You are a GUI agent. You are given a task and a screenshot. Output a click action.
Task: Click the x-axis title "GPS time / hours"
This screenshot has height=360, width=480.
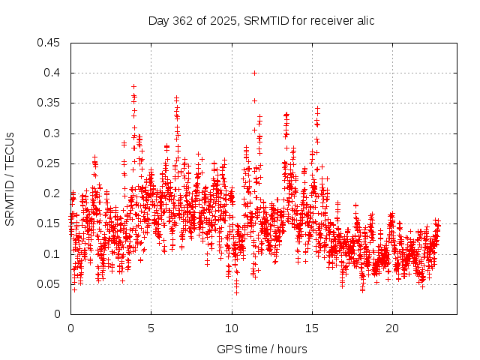(262, 349)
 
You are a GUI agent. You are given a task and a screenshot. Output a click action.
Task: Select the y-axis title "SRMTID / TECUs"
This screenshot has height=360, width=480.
(10, 178)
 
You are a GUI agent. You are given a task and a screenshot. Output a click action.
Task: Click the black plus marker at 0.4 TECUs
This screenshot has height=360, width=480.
(255, 73)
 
